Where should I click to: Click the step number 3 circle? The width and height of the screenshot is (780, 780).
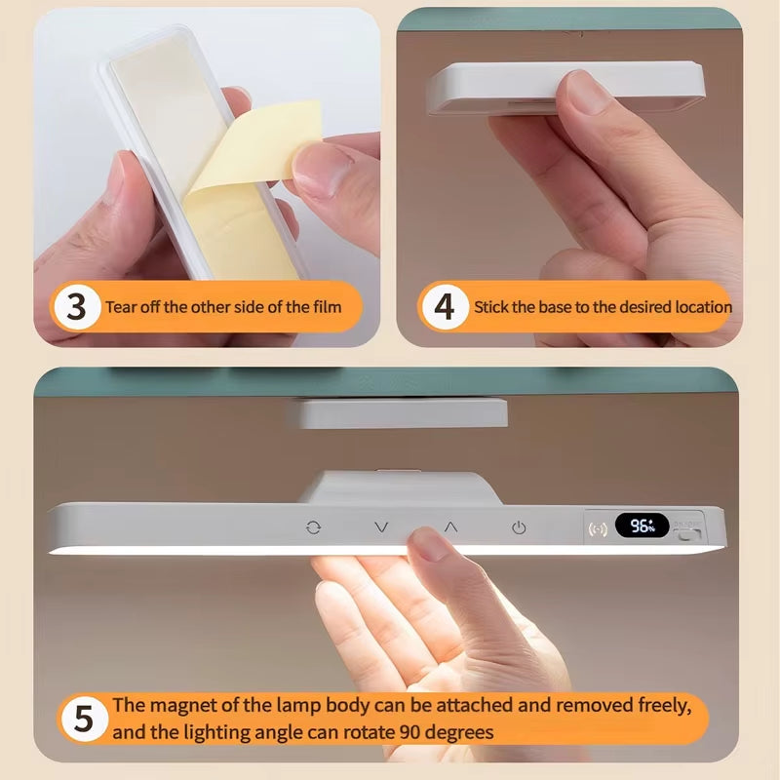76,307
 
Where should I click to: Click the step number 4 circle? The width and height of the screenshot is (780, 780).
444,307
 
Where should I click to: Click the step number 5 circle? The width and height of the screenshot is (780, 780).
83,720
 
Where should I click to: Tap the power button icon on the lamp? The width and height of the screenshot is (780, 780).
519,527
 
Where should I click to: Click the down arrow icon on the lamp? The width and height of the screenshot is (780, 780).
381,527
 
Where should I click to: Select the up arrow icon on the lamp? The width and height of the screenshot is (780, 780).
450,526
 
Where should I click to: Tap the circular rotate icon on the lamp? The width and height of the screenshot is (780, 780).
313,527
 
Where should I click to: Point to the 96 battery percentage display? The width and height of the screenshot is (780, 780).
642,526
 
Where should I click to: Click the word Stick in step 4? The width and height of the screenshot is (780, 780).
492,307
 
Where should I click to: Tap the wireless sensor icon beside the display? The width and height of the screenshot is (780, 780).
598,528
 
